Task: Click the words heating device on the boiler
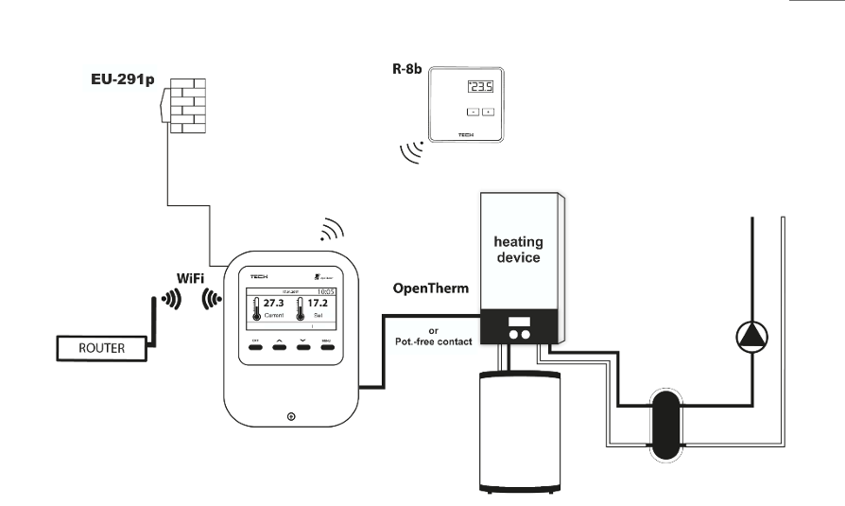tap(517, 250)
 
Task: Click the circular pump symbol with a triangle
tap(752, 336)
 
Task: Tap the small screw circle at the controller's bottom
tap(289, 417)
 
